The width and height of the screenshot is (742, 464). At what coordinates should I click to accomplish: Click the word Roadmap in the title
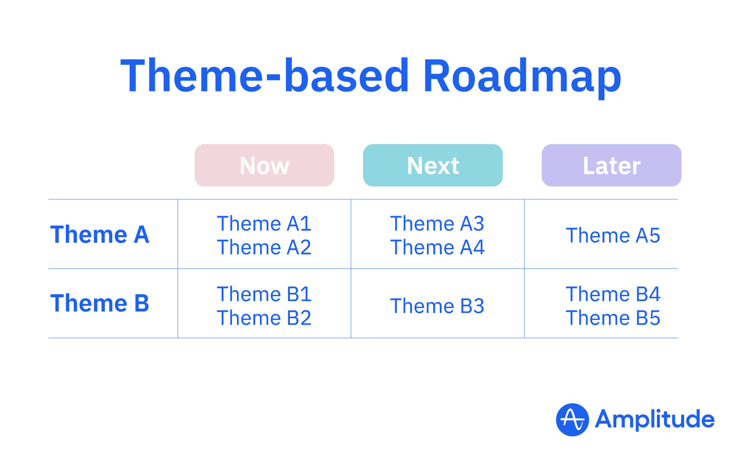tap(522, 77)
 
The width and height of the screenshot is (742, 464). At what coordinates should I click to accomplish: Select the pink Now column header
tap(264, 165)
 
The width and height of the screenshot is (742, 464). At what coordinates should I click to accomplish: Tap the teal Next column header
tap(433, 165)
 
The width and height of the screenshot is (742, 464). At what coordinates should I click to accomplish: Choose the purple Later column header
tap(611, 165)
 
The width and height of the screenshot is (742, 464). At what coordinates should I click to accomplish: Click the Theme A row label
tap(100, 234)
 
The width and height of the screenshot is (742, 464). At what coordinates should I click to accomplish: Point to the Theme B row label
tap(100, 303)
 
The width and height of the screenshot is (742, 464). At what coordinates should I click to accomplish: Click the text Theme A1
tap(264, 224)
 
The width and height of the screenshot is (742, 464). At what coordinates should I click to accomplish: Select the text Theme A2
tap(264, 248)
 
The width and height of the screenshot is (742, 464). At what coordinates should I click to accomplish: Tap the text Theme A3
tap(437, 224)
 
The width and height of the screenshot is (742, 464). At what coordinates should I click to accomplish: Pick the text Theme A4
tap(437, 248)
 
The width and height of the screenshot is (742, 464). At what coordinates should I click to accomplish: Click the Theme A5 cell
tap(613, 236)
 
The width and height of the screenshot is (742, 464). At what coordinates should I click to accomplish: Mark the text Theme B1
tap(264, 295)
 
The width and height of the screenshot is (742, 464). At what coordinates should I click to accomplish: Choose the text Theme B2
tap(264, 319)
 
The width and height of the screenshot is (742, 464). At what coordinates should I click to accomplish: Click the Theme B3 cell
tap(437, 307)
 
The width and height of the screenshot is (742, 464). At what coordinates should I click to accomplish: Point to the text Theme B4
tap(613, 295)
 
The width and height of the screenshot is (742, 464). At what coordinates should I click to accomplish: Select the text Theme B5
tap(613, 319)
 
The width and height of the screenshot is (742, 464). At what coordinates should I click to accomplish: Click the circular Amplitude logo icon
tap(572, 420)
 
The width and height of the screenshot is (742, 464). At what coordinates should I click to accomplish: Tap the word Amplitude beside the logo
tap(654, 420)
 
